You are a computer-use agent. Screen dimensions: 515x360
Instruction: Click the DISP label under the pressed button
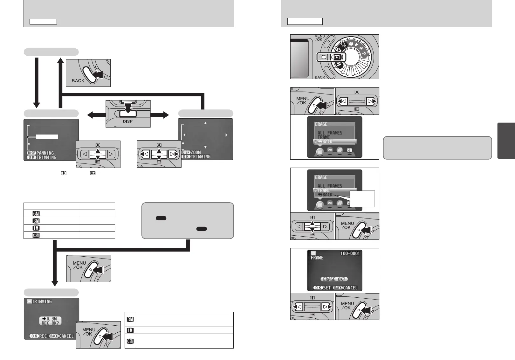128,121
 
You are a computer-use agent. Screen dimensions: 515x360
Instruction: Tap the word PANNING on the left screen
45,153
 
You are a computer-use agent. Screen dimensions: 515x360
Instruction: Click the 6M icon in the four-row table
36,214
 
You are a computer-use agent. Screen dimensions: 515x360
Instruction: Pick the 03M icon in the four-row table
36,235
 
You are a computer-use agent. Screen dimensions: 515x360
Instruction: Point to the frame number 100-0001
350,253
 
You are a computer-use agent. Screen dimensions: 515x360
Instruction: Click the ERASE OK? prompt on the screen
334,279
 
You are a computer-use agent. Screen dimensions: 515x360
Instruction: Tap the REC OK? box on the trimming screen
51,321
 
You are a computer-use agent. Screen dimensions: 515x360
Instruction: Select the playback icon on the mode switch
337,57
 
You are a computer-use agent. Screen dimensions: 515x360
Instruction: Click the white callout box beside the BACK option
362,199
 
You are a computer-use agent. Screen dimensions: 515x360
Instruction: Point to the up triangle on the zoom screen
205,123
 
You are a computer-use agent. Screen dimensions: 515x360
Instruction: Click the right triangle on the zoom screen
226,135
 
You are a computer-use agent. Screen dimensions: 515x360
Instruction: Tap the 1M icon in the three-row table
130,330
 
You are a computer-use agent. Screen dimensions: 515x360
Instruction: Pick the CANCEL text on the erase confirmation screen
350,288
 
